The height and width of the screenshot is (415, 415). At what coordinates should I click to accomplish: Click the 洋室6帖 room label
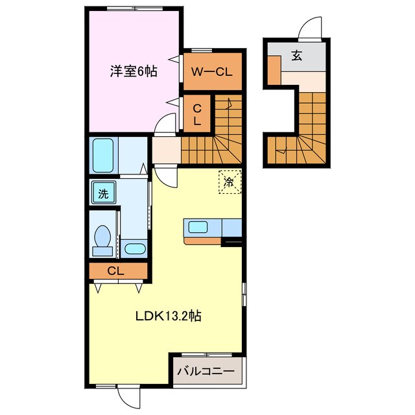click(133, 72)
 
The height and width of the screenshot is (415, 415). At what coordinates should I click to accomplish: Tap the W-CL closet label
click(213, 72)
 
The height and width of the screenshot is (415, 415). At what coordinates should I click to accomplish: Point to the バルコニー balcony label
click(206, 372)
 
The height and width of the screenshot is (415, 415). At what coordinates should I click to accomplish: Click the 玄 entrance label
click(297, 56)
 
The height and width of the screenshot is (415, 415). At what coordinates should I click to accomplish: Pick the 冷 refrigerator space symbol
click(229, 180)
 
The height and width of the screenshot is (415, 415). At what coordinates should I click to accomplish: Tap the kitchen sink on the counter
click(198, 228)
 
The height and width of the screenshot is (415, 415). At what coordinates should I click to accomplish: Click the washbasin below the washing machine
click(136, 248)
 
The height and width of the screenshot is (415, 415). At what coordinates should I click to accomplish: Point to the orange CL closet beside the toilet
click(118, 270)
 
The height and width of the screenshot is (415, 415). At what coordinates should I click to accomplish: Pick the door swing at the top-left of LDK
click(164, 176)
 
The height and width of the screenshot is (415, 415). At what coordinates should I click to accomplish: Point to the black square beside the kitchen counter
click(231, 243)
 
